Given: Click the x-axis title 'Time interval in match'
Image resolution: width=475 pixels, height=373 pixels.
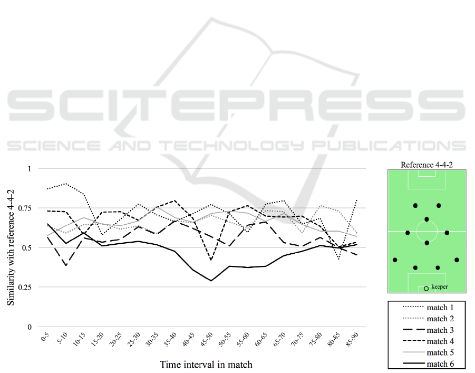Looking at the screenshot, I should pyautogui.click(x=206, y=364).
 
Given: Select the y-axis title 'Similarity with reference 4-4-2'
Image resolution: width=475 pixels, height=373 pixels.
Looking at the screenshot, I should pyautogui.click(x=11, y=248).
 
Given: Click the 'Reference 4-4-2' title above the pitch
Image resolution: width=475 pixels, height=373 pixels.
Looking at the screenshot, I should pyautogui.click(x=426, y=165).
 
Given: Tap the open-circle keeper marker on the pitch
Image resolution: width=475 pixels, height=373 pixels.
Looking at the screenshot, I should pyautogui.click(x=426, y=289).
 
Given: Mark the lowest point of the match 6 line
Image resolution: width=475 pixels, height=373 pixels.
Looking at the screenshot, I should pyautogui.click(x=211, y=281).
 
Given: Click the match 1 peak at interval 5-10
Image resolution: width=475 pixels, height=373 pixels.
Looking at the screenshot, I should pyautogui.click(x=65, y=184).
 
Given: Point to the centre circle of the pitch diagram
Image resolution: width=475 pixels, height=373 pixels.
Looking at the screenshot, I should pyautogui.click(x=426, y=231).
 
